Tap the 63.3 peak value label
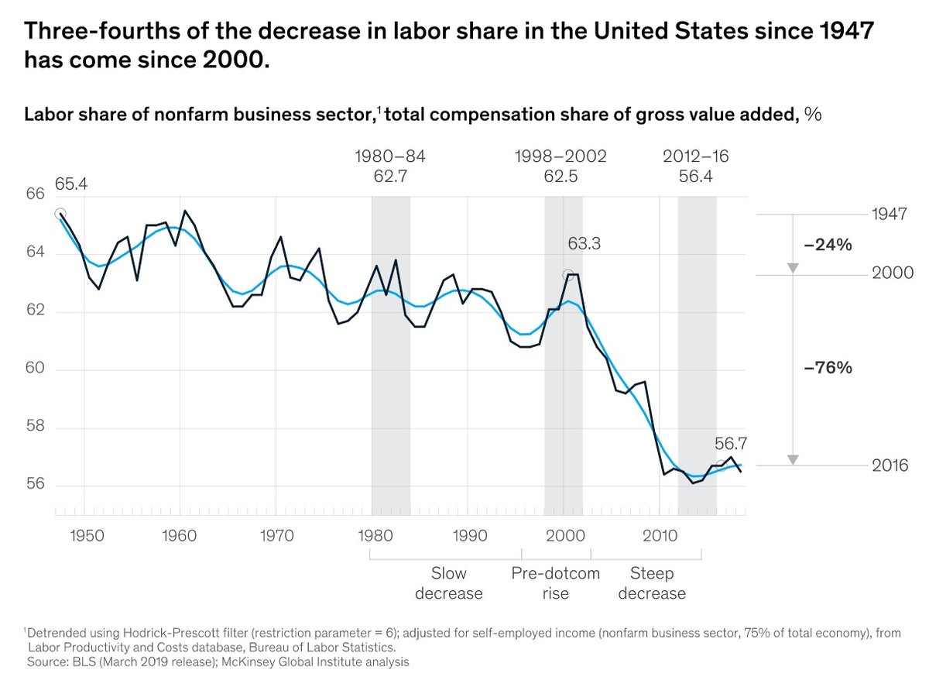tap(584, 244)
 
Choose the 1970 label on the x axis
tap(276, 536)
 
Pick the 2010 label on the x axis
tap(657, 536)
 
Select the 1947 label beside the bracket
tap(889, 215)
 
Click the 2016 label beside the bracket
tap(889, 465)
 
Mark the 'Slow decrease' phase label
tap(448, 583)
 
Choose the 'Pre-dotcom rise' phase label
tap(556, 583)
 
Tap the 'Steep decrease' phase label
tap(651, 583)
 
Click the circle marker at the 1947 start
tap(60, 214)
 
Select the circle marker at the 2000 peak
tap(567, 275)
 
